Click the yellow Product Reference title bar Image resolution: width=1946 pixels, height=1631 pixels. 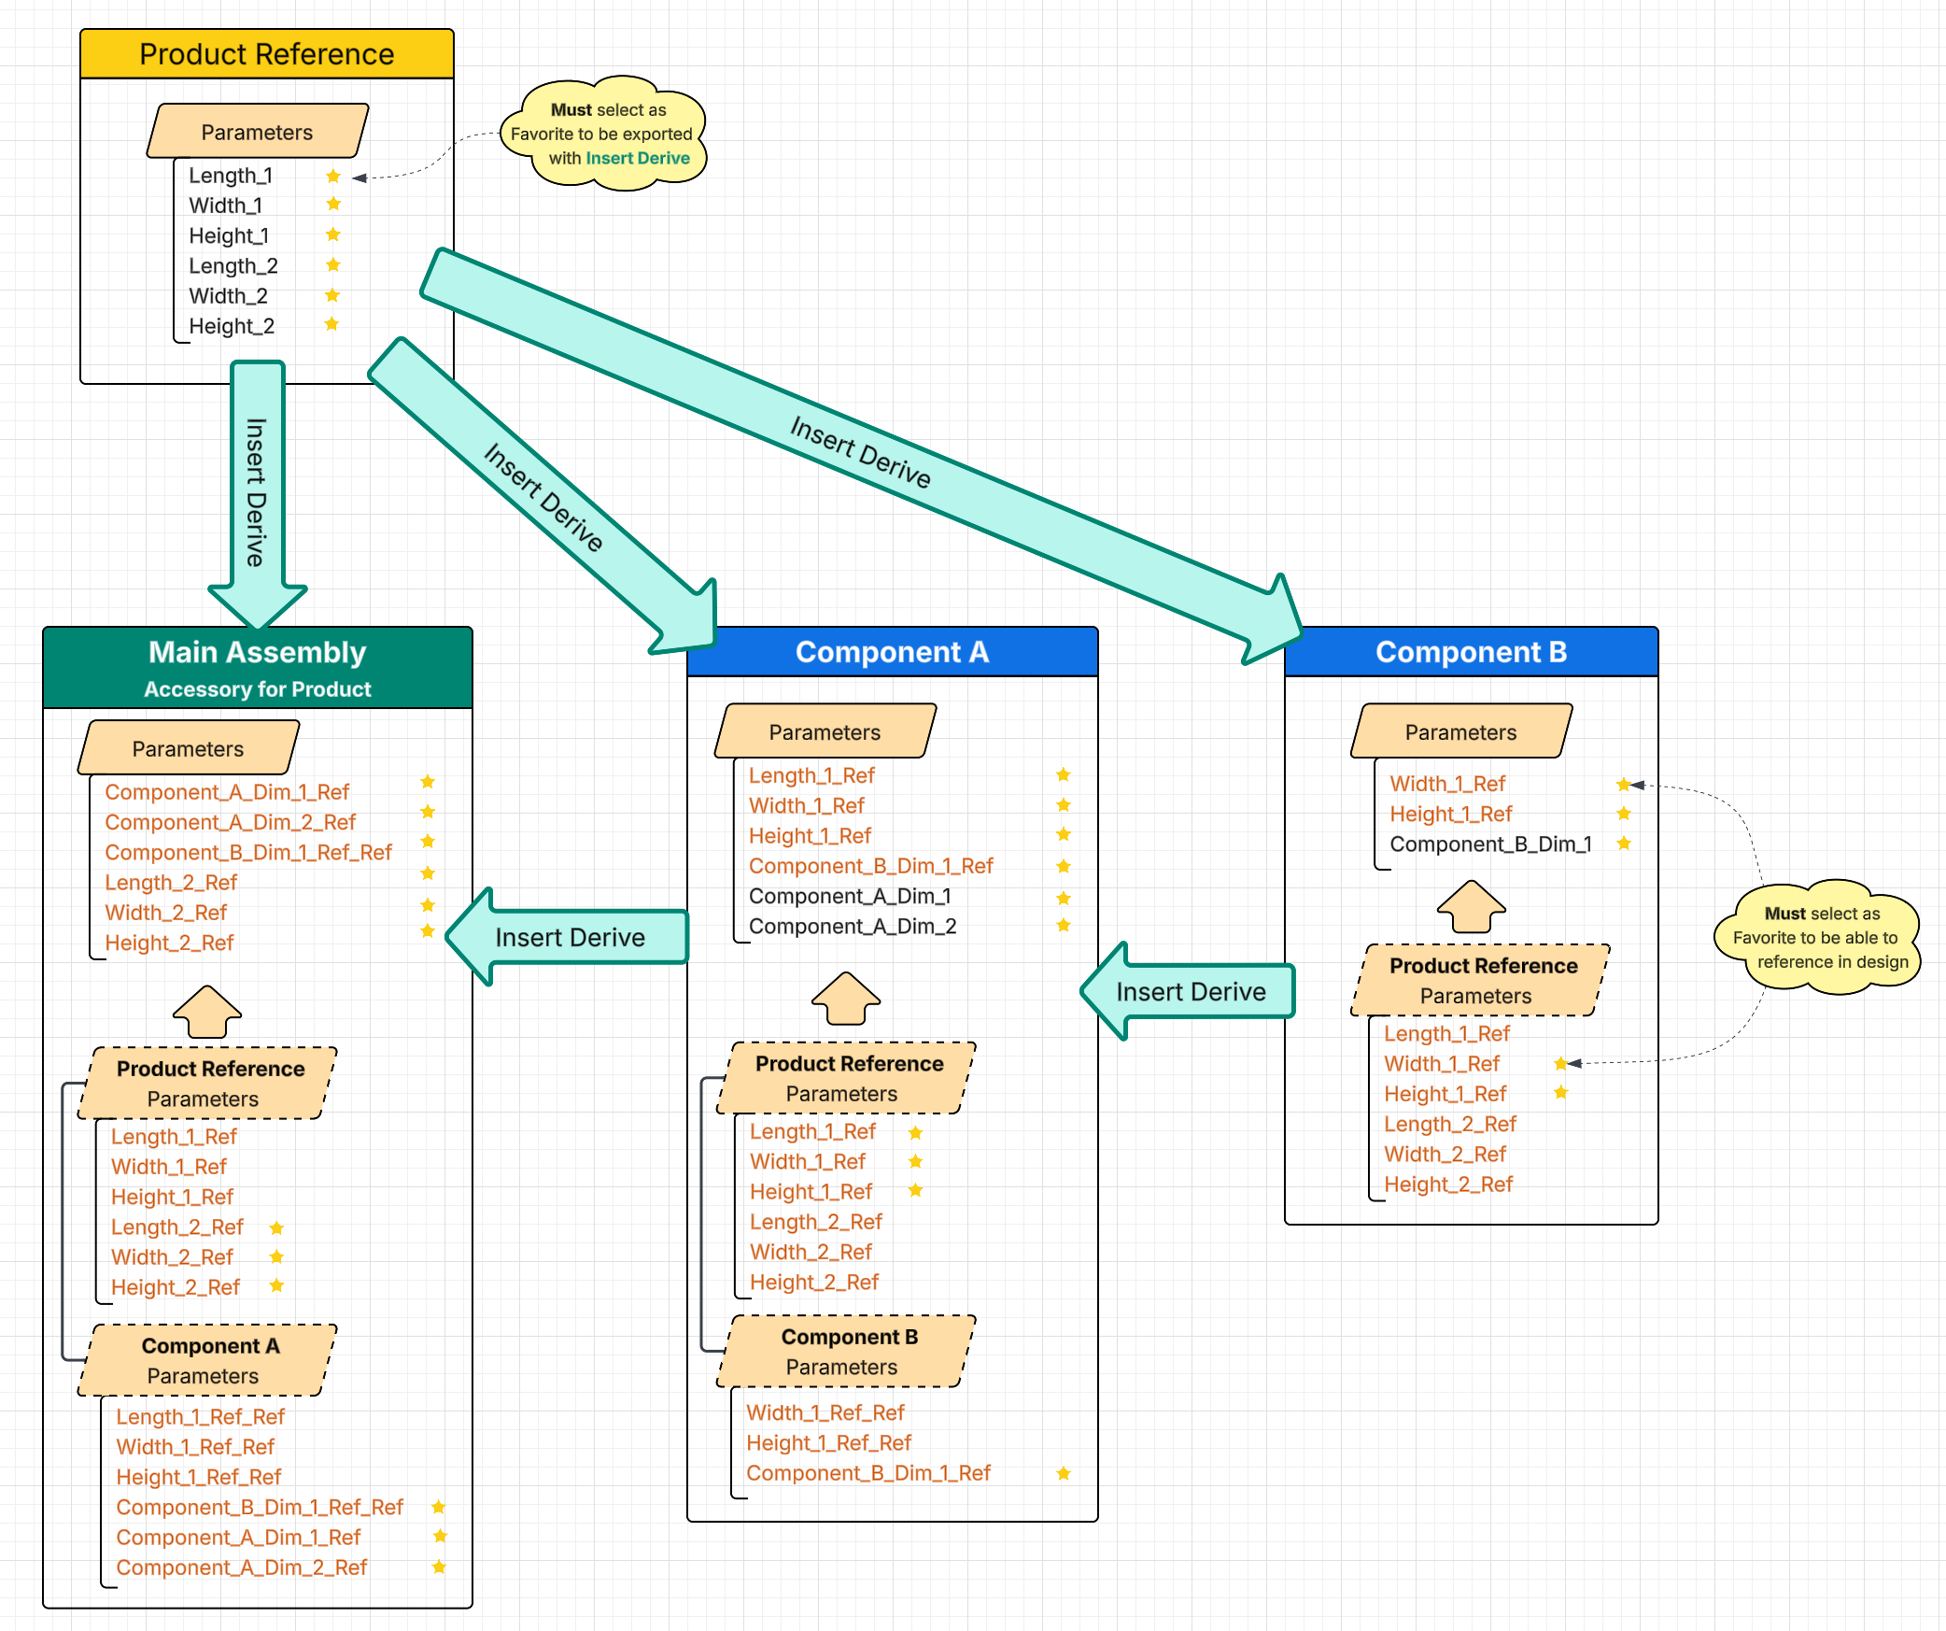[x=266, y=54]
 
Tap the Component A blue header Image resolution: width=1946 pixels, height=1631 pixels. [x=892, y=652]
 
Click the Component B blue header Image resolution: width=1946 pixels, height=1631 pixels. [x=1471, y=652]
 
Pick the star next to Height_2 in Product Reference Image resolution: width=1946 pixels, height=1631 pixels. [x=331, y=325]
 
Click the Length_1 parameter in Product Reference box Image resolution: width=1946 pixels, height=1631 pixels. [x=231, y=176]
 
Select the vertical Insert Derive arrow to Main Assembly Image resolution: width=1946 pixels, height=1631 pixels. [x=257, y=490]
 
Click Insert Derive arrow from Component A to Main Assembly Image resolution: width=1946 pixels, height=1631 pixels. [x=570, y=937]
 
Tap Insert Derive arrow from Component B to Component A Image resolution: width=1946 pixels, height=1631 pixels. [x=1191, y=991]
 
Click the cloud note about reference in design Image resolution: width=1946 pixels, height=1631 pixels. [x=1818, y=937]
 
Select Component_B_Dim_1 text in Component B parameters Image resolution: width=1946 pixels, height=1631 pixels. [x=1490, y=844]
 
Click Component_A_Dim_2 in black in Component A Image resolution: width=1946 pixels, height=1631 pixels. [x=853, y=927]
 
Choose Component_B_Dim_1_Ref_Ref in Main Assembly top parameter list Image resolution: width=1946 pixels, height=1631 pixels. [x=248, y=853]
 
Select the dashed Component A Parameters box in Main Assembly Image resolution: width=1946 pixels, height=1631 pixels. [x=207, y=1360]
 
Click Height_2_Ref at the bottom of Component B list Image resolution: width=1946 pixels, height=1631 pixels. [x=1447, y=1184]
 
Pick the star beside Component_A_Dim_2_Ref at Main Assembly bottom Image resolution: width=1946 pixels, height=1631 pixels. [x=439, y=1567]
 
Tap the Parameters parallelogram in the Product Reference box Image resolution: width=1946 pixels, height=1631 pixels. [x=257, y=132]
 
